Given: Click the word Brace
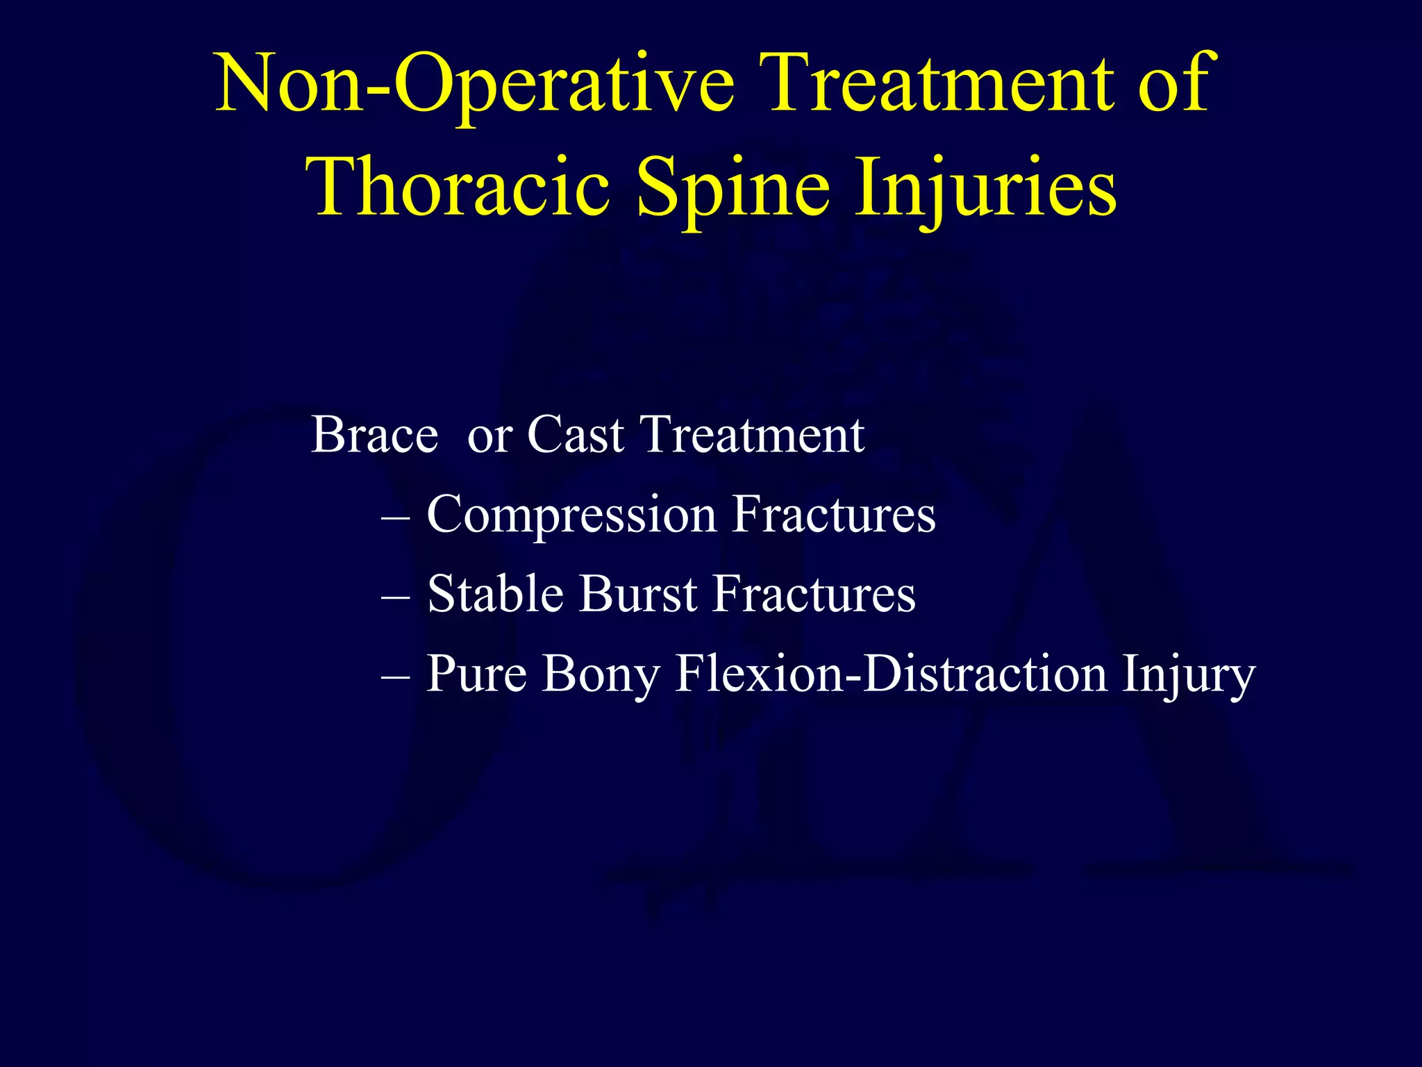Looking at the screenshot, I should (x=374, y=435).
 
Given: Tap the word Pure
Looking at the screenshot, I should (x=476, y=673).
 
